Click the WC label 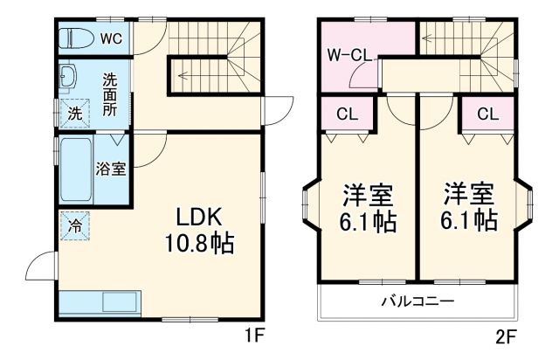pos(109,38)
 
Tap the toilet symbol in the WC pos(77,38)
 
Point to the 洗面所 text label pos(109,92)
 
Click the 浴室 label pos(111,169)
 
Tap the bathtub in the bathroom pos(76,170)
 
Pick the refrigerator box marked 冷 pos(75,224)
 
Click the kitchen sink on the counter pos(120,302)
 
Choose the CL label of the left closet pos(346,113)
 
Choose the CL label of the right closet pos(488,113)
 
